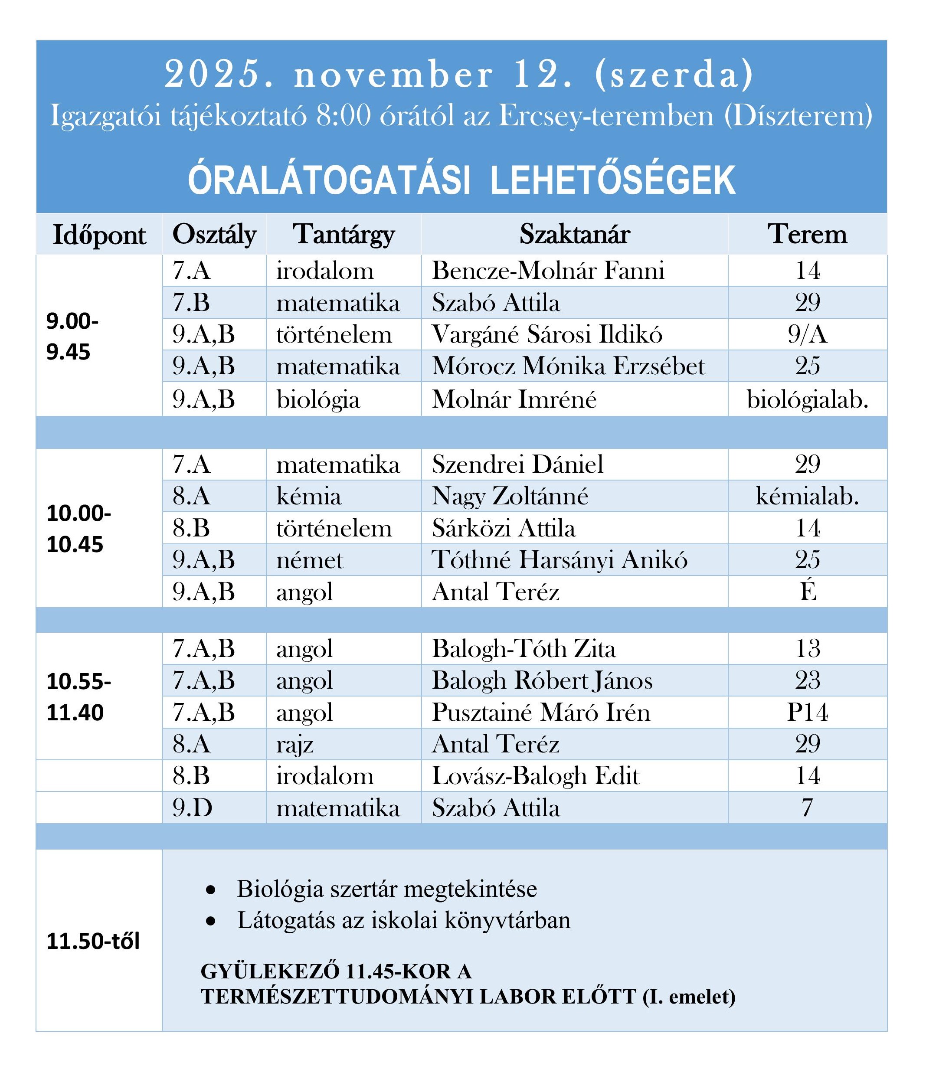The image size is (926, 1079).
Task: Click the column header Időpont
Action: click(x=99, y=235)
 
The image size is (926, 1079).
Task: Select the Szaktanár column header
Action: click(x=574, y=234)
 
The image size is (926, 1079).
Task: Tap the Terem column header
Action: click(x=807, y=234)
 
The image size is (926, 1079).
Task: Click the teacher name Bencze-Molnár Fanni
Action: click(x=548, y=271)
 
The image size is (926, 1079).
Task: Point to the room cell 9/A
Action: click(x=807, y=334)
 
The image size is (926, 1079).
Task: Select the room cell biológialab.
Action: click(x=807, y=399)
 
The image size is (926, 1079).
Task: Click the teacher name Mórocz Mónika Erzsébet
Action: click(x=568, y=366)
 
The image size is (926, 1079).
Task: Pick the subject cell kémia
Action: click(x=309, y=496)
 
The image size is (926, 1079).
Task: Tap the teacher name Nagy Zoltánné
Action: click(x=510, y=496)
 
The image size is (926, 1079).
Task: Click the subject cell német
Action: click(x=310, y=560)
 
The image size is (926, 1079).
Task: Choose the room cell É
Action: click(x=808, y=592)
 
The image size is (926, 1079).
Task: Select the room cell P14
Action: click(x=807, y=712)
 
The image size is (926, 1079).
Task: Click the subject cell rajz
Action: click(x=295, y=744)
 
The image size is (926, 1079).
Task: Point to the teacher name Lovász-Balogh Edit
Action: click(x=535, y=776)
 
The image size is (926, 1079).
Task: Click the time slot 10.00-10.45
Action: click(x=79, y=529)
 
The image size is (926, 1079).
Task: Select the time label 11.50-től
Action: click(x=93, y=941)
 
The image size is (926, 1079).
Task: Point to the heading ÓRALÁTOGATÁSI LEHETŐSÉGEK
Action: click(x=462, y=180)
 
